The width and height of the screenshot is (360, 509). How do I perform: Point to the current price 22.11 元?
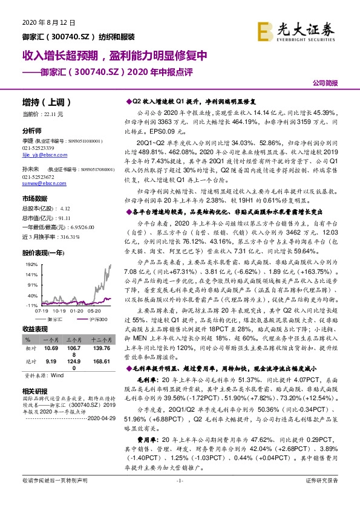(x=50, y=114)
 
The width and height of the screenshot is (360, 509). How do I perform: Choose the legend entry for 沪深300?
(x=96, y=318)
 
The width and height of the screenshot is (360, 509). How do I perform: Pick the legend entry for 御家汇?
(x=54, y=318)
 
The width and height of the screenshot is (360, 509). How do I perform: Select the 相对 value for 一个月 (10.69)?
(x=51, y=349)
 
